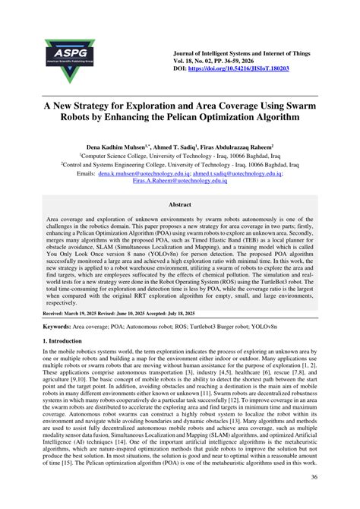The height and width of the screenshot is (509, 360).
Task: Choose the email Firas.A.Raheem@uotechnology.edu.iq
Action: coord(180,182)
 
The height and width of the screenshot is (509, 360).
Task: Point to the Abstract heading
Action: coord(179,204)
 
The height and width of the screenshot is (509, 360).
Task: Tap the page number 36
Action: coord(313,477)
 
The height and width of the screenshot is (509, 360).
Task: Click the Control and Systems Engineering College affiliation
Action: coord(179,163)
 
